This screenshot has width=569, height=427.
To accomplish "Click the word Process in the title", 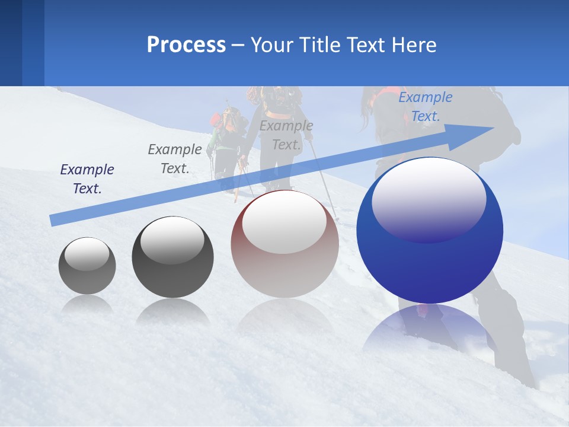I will click(x=186, y=45).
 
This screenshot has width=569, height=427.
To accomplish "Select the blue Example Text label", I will click(x=425, y=107).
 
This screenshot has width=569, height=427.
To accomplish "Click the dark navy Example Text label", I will click(x=87, y=179).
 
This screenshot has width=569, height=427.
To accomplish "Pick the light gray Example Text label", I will click(x=286, y=135).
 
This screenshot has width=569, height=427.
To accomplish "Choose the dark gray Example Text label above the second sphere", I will click(x=174, y=159).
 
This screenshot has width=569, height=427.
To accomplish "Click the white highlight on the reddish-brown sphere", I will click(x=284, y=221).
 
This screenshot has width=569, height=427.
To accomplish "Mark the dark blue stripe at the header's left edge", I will click(x=11, y=43).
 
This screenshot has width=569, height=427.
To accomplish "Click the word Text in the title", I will click(x=369, y=45).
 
